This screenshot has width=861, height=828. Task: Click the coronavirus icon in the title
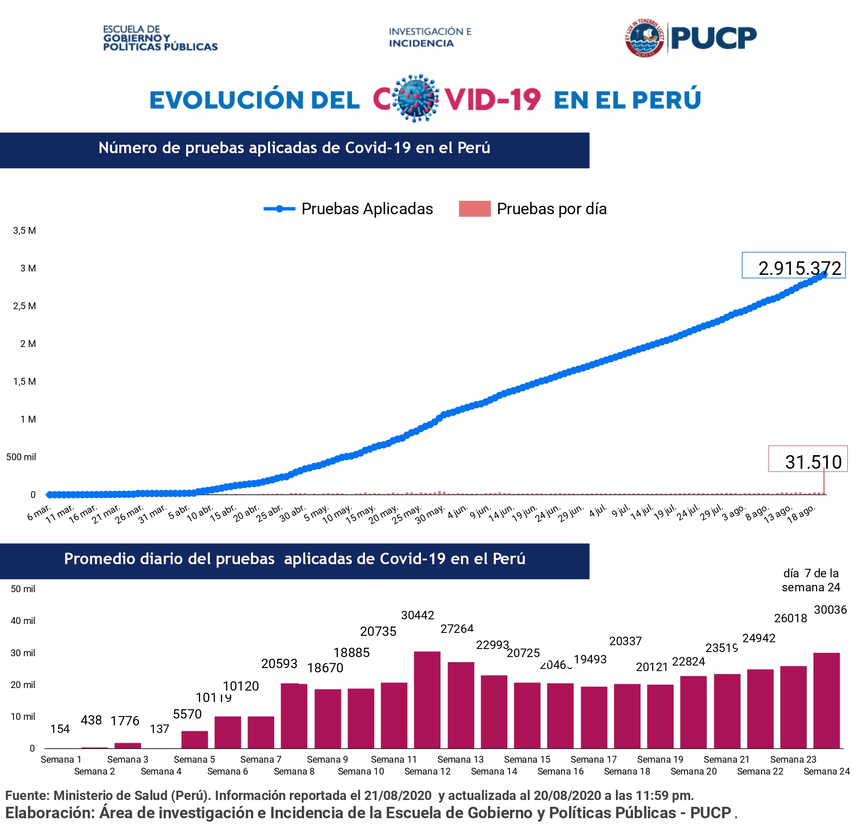pos(415,98)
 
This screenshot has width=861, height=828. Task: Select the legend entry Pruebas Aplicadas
pos(367,209)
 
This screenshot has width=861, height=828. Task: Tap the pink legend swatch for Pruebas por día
pos(474,209)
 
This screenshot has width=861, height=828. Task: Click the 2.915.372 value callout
pos(793,265)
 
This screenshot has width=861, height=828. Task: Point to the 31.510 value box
pos(808,459)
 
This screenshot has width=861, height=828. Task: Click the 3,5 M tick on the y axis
pos(25,230)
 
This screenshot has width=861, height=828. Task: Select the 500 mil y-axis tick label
pos(21,457)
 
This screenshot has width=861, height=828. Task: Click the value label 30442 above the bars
pos(417,615)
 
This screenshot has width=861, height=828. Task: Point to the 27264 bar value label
pos(457,629)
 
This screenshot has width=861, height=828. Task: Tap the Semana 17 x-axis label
pos(594,759)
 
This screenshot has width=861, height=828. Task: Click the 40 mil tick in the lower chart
pos(23,621)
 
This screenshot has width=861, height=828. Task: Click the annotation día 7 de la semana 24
pos(811,580)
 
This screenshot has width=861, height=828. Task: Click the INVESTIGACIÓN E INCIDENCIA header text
pos(429,37)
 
